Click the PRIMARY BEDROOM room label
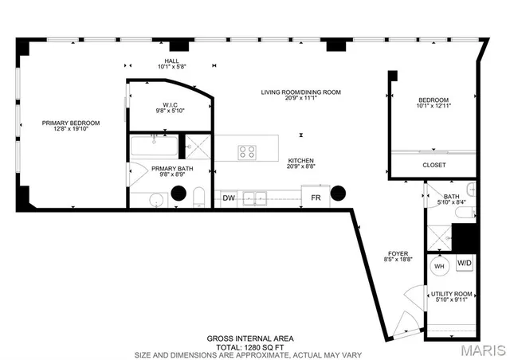tap(72, 123)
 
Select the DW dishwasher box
tap(229, 198)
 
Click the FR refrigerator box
tap(316, 198)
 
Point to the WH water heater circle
tap(439, 267)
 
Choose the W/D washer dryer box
tap(464, 264)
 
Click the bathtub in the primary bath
tap(154, 147)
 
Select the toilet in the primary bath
tap(199, 198)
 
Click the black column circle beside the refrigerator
tap(339, 193)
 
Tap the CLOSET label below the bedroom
tap(434, 165)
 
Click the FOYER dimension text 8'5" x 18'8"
tap(398, 259)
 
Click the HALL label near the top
tap(171, 61)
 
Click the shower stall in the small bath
tap(437, 237)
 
